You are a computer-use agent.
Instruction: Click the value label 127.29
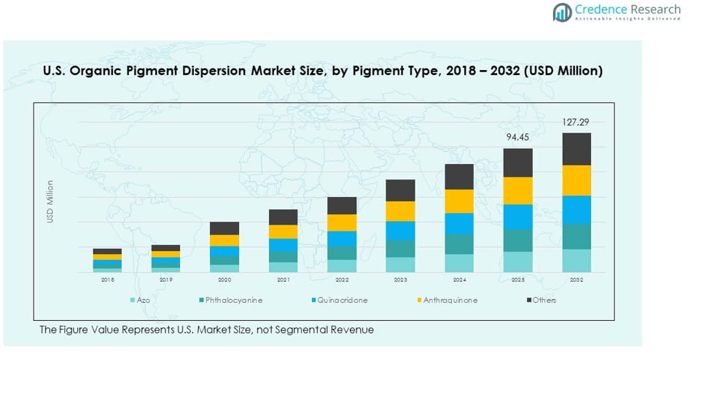click(x=576, y=123)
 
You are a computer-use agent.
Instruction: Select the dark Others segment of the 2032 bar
click(x=576, y=149)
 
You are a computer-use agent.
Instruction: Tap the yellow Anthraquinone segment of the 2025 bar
click(x=517, y=190)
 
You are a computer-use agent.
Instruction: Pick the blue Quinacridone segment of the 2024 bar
click(x=459, y=223)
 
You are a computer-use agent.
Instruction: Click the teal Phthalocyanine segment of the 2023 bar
click(x=400, y=248)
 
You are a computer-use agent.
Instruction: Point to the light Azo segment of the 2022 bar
click(x=342, y=266)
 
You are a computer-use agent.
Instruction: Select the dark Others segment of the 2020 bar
click(x=224, y=228)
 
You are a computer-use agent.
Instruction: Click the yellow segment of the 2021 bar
click(x=283, y=231)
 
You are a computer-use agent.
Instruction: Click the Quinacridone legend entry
click(x=342, y=300)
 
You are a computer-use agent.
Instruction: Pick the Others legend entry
click(x=544, y=300)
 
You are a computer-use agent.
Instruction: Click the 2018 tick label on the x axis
click(x=107, y=279)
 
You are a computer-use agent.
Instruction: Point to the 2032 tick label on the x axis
click(x=576, y=279)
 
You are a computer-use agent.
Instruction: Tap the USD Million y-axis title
click(x=50, y=202)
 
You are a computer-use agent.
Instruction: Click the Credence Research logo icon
click(x=561, y=12)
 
